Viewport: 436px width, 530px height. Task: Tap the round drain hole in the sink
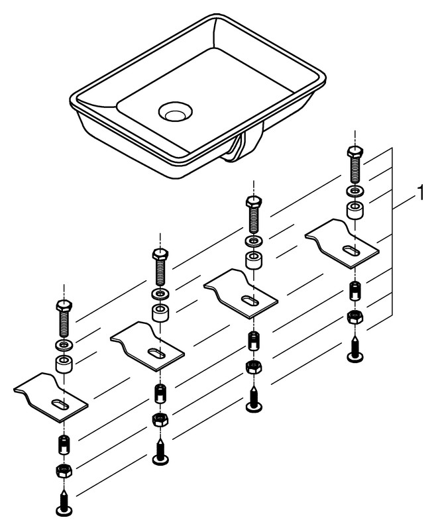click(176, 111)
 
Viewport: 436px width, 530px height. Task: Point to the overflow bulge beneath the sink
click(243, 146)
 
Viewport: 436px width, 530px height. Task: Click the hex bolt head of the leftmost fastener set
click(64, 306)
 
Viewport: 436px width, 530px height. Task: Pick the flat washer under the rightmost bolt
click(354, 191)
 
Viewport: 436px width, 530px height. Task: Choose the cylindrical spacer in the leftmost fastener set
click(64, 364)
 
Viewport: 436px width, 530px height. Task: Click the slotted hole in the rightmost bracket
click(351, 251)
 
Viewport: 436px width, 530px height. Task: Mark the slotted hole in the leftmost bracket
click(60, 404)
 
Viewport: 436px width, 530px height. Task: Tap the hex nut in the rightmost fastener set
click(354, 317)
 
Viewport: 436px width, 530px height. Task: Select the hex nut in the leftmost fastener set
click(64, 470)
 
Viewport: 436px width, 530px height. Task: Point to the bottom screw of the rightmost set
click(354, 349)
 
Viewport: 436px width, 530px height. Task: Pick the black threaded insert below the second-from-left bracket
click(160, 394)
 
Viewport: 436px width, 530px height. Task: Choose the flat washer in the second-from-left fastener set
click(160, 293)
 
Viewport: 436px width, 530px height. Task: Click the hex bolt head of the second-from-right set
click(254, 202)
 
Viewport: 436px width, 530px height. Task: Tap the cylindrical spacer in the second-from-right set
click(254, 260)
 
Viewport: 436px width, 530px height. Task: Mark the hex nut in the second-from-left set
click(160, 419)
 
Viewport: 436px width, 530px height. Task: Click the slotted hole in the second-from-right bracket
click(250, 301)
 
